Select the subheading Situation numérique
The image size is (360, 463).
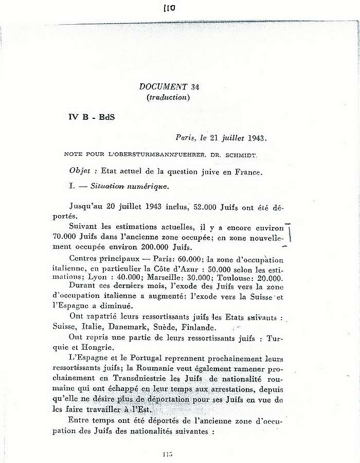tap(121, 185)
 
